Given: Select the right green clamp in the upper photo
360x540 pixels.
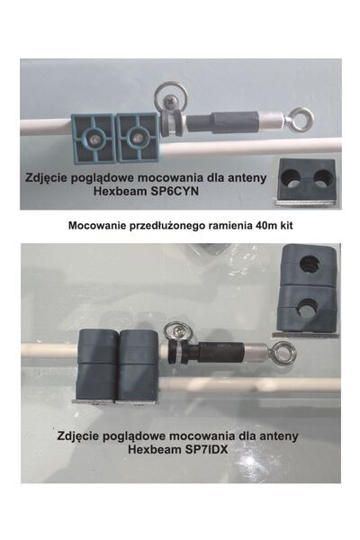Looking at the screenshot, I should [136, 137].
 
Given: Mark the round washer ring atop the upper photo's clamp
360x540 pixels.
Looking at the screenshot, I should [168, 95].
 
